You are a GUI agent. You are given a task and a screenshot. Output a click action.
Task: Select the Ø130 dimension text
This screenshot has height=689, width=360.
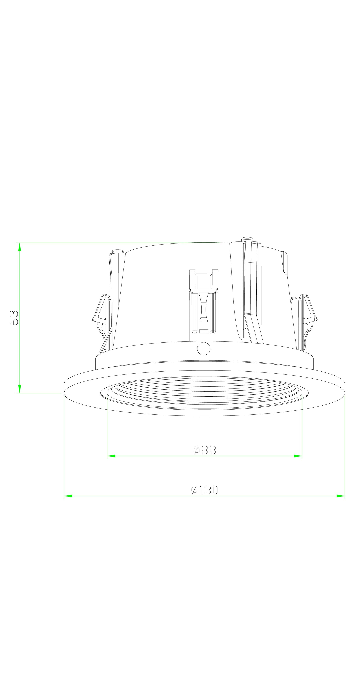pyautogui.click(x=205, y=490)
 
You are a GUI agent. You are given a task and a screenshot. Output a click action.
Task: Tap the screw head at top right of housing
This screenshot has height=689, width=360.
pyautogui.click(x=247, y=239)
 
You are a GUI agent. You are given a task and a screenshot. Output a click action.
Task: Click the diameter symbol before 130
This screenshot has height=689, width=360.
pyautogui.click(x=194, y=490)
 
